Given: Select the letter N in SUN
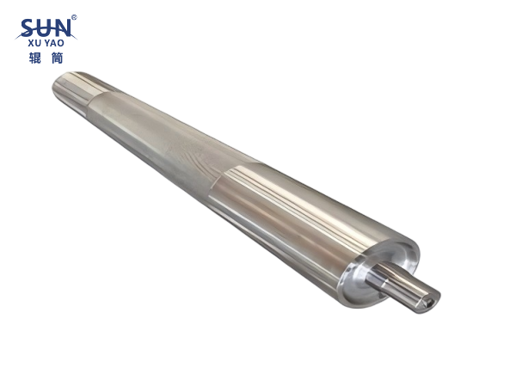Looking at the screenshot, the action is (62, 28).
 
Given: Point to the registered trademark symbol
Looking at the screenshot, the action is (74, 17).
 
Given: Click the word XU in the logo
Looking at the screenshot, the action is (34, 43).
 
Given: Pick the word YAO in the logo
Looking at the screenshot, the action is (54, 43).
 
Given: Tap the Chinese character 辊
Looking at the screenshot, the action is (35, 58).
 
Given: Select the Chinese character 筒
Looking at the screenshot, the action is (57, 58).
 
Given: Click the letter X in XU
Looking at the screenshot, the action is (31, 43).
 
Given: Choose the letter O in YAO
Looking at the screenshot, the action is (61, 43).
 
